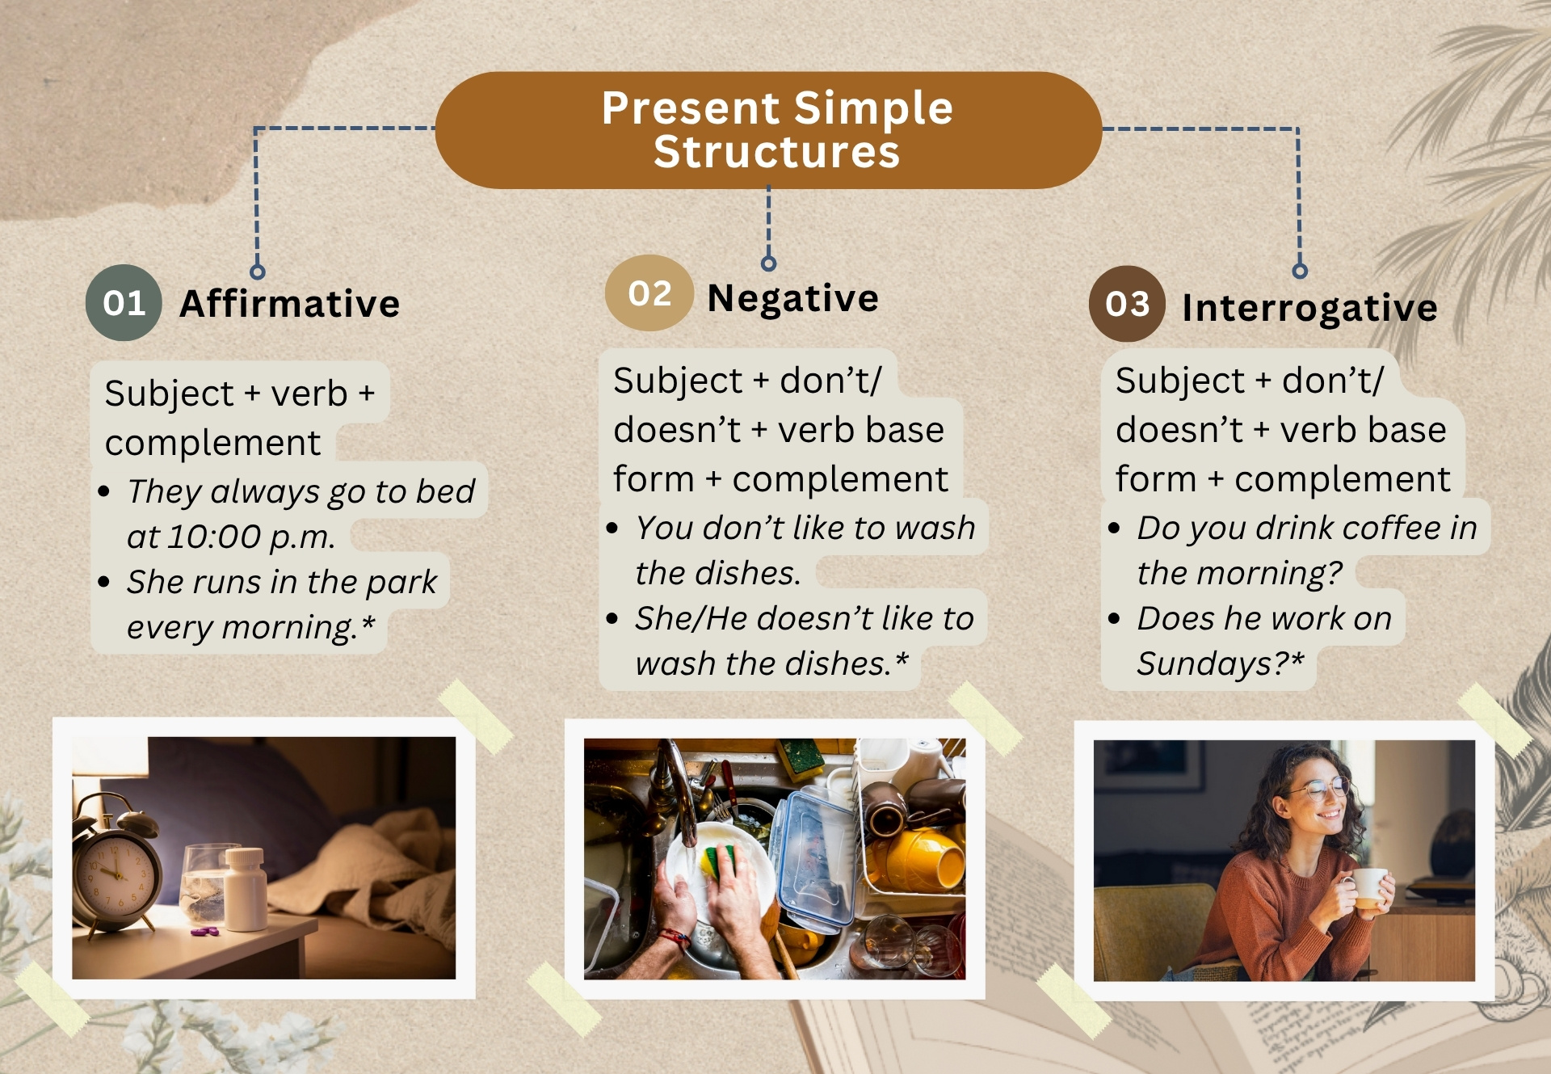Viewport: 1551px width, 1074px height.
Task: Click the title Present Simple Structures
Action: click(x=777, y=130)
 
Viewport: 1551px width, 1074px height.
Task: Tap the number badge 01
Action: click(x=124, y=303)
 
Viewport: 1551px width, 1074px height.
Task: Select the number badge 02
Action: click(x=649, y=293)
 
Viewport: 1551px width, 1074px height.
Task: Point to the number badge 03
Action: click(x=1127, y=304)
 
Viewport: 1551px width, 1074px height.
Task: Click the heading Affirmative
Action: click(x=290, y=304)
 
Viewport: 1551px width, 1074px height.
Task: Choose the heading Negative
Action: click(x=792, y=298)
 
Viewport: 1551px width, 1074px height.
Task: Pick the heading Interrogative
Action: click(x=1309, y=308)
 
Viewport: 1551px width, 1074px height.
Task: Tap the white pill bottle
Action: click(x=246, y=889)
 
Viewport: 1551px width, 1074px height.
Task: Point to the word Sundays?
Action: click(x=1220, y=663)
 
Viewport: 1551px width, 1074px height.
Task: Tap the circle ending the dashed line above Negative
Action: click(x=768, y=263)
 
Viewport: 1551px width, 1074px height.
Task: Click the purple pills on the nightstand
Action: click(x=204, y=932)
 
